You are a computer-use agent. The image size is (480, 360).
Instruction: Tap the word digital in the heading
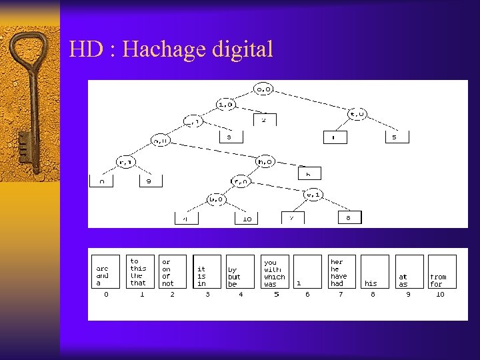(x=243, y=49)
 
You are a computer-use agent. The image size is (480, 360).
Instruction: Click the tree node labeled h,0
(x=265, y=160)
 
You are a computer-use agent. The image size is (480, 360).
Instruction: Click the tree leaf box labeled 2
(x=264, y=120)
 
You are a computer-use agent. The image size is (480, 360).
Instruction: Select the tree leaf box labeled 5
(x=394, y=137)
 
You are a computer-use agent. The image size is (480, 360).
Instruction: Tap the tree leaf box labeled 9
(x=150, y=181)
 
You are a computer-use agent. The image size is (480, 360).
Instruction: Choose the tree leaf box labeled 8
(x=349, y=217)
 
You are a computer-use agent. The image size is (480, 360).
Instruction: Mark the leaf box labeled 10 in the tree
(x=247, y=218)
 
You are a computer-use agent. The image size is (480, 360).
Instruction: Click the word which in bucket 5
(x=274, y=277)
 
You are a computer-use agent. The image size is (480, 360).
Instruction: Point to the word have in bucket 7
(x=339, y=277)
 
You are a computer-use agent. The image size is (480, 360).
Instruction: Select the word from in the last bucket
(x=438, y=277)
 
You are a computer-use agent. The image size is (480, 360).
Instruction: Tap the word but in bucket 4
(x=233, y=277)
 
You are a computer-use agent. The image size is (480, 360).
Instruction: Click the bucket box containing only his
(x=375, y=272)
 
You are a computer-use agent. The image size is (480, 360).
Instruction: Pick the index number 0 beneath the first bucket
(x=105, y=294)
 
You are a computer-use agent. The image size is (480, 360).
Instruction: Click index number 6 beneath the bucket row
(x=307, y=294)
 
